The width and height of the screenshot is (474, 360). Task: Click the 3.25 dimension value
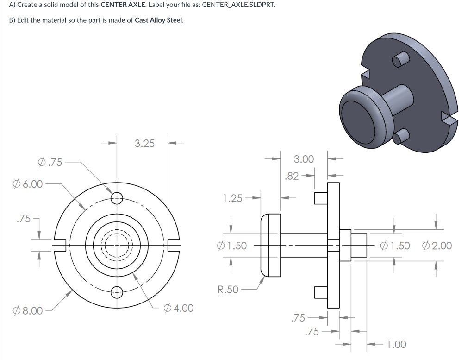point(144,143)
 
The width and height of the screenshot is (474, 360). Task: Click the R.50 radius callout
point(228,290)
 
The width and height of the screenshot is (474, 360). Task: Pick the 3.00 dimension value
point(304,159)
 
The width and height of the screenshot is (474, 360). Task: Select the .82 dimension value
point(292,176)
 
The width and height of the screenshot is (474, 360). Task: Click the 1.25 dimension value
point(232,198)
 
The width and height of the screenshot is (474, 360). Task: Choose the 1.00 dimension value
point(396,344)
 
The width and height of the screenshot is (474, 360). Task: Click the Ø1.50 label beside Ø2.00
point(394,246)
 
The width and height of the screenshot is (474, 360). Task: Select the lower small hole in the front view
point(117,292)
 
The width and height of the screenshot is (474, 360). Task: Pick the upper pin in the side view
point(321,198)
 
